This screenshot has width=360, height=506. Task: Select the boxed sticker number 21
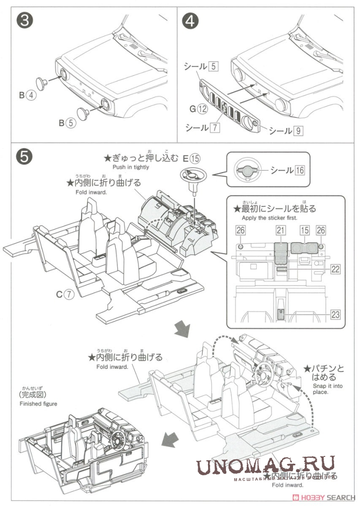click(x=281, y=231)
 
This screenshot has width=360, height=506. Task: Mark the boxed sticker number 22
click(x=336, y=269)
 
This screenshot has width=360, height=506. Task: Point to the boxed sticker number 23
click(x=336, y=314)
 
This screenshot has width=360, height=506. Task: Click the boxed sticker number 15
click(x=304, y=231)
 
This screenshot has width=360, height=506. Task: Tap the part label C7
click(x=64, y=294)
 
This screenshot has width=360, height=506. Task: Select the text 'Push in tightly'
click(x=131, y=167)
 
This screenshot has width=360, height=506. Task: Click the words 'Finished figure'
click(x=38, y=404)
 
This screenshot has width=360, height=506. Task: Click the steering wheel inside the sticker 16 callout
click(x=247, y=170)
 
